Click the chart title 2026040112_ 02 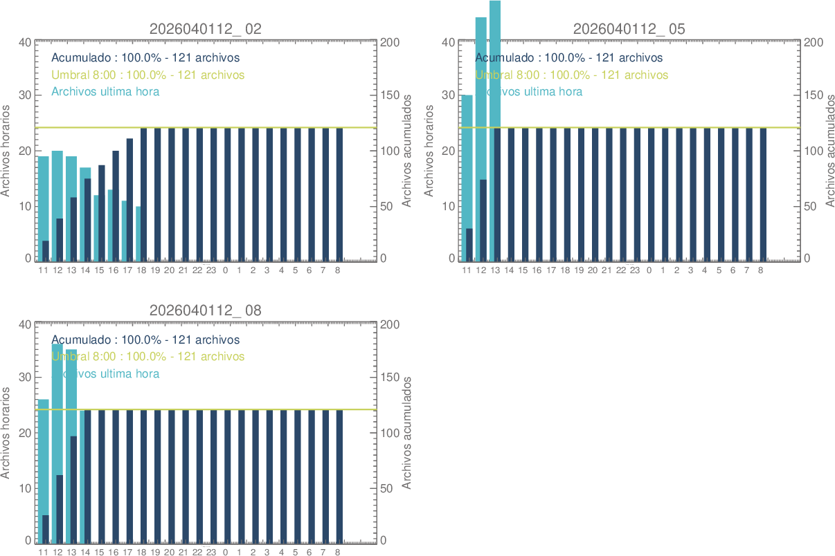(x=206, y=29)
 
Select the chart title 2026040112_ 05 (x=629, y=29)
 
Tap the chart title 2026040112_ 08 (x=206, y=311)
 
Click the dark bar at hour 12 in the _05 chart (x=483, y=220)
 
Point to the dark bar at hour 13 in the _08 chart (x=73, y=488)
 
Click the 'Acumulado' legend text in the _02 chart (x=145, y=57)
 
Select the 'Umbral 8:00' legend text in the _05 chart (x=571, y=75)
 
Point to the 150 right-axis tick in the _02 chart (x=391, y=95)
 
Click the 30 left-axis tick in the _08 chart (x=25, y=378)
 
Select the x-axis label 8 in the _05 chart (x=760, y=270)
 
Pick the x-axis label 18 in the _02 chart (x=141, y=270)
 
